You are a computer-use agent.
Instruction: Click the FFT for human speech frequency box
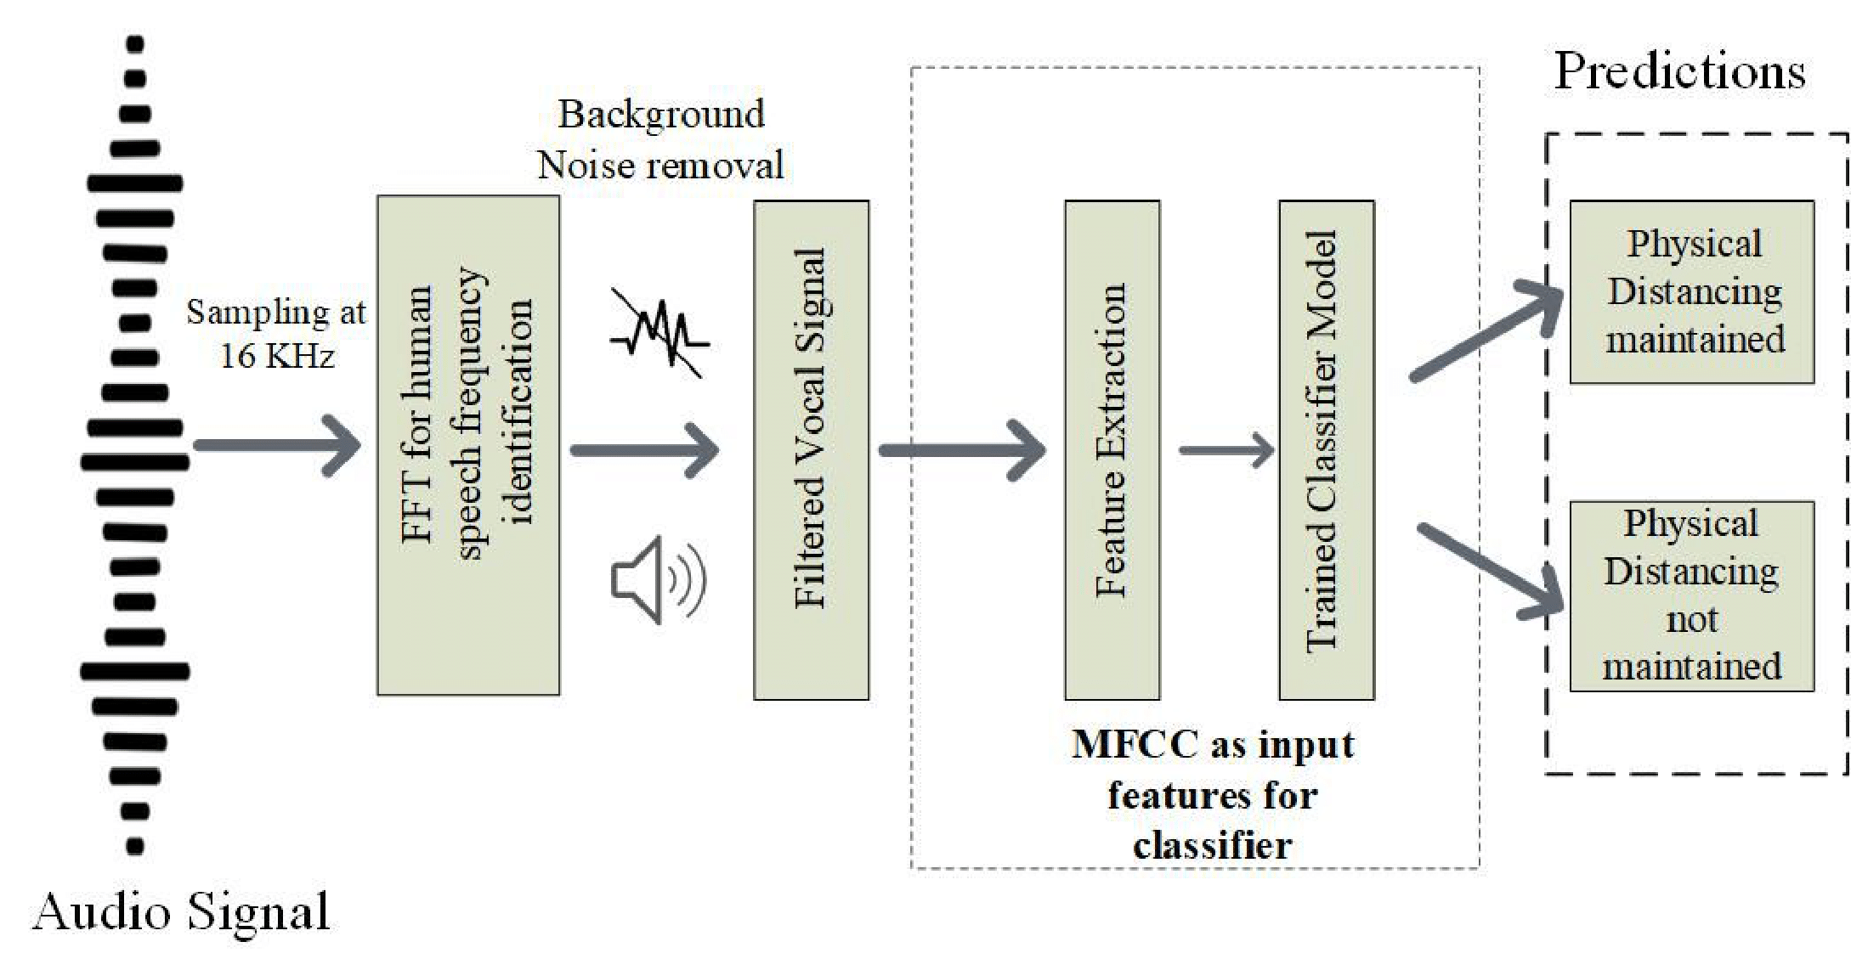pos(468,445)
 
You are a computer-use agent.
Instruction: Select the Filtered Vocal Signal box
pos(811,449)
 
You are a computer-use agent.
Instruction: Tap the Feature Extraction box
pos(1112,449)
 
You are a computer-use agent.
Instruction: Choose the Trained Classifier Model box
pos(1326,449)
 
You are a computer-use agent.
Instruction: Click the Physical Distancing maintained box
pos(1691,291)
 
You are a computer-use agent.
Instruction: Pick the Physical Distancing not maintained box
pos(1691,595)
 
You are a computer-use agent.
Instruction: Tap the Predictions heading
pos(1679,70)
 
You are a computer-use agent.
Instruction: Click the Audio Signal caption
pos(181,913)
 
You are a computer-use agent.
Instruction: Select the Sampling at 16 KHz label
pos(276,334)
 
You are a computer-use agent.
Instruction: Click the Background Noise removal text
pos(660,139)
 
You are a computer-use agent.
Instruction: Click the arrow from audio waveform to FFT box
pos(276,445)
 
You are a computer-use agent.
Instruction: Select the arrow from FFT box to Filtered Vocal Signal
pos(644,449)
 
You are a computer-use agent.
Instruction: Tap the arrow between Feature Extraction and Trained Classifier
pos(1226,450)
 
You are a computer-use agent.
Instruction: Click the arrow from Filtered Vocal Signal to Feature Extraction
pos(960,449)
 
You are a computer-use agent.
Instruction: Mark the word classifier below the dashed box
pos(1212,846)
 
